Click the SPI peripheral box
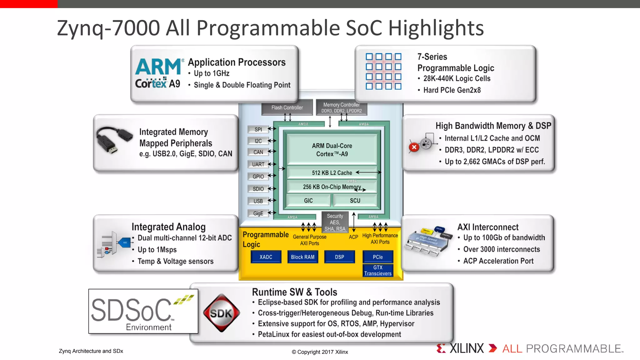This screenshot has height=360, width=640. (x=258, y=129)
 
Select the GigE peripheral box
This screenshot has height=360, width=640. (x=258, y=213)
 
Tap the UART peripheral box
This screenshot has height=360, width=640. (x=258, y=164)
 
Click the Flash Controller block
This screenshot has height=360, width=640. (x=287, y=107)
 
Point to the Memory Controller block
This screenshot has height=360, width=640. (x=341, y=107)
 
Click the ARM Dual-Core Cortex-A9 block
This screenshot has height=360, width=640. (x=332, y=150)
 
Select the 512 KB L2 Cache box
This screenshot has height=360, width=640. (x=332, y=173)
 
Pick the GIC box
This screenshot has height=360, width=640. (x=308, y=201)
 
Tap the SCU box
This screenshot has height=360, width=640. (x=355, y=201)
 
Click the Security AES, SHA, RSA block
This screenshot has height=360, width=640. (x=335, y=222)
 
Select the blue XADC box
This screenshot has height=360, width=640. (x=266, y=257)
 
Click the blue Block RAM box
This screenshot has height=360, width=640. (x=302, y=257)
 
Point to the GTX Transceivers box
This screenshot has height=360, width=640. (x=377, y=270)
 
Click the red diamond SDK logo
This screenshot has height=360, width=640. (x=222, y=313)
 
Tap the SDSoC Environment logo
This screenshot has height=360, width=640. (x=143, y=311)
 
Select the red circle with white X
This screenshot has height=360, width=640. (x=414, y=147)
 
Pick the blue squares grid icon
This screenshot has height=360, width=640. (x=383, y=71)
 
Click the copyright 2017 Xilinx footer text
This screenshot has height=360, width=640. (x=320, y=352)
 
